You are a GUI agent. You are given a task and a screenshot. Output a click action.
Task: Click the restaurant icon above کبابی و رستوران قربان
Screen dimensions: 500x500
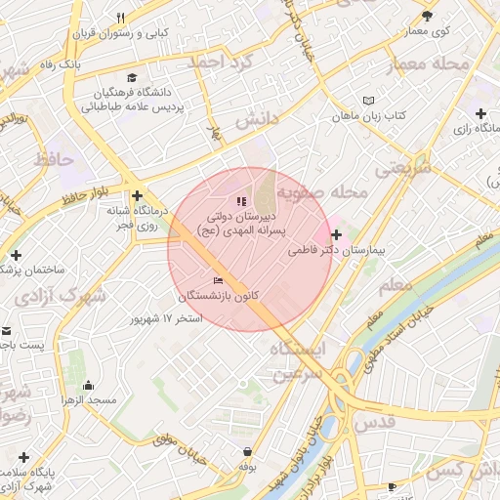click(121, 18)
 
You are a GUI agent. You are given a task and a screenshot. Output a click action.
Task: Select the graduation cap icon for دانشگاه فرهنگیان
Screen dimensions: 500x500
click(132, 78)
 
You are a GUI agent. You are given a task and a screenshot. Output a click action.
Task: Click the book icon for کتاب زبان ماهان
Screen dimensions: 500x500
click(367, 100)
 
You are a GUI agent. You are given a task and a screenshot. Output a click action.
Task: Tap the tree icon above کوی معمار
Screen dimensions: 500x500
click(427, 16)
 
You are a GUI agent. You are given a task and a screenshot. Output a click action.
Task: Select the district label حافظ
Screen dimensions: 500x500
click(55, 157)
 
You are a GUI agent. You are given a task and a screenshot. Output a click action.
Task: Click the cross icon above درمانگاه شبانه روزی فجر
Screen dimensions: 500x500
click(137, 195)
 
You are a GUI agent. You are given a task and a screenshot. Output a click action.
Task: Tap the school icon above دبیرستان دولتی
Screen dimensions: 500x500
click(241, 201)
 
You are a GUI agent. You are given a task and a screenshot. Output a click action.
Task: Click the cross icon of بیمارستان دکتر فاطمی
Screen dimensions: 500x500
click(337, 234)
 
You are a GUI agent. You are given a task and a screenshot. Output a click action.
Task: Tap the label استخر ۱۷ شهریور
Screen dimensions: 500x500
click(167, 318)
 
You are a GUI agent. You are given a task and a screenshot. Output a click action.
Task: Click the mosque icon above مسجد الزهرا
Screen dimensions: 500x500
click(89, 385)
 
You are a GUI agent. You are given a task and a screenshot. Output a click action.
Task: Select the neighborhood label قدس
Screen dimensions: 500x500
click(377, 421)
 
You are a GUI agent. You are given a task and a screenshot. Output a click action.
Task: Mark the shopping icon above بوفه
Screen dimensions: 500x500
click(248, 451)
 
